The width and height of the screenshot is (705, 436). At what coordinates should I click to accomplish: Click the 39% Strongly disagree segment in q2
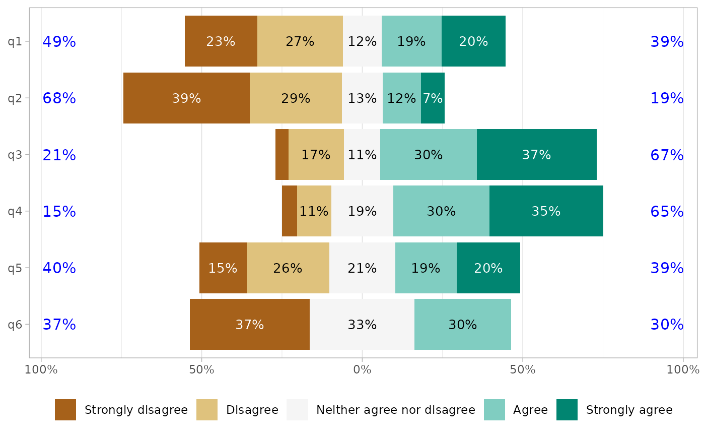coord(186,98)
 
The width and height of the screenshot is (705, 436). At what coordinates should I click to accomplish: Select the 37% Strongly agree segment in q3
coord(536,154)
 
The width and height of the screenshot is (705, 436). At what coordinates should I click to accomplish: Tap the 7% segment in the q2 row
coord(433,98)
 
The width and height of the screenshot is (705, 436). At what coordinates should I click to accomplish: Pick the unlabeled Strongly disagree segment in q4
coord(290,211)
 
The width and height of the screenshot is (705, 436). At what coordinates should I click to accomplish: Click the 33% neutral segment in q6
coord(362,324)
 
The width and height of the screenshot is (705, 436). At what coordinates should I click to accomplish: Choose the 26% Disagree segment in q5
coord(288,268)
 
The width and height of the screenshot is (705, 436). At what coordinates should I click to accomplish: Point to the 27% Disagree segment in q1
coord(300,41)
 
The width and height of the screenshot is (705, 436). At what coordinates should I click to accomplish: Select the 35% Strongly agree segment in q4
coord(546,211)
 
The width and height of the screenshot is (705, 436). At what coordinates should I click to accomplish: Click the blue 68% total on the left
coord(59,98)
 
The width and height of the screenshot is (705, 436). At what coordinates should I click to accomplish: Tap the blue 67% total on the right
coord(667,155)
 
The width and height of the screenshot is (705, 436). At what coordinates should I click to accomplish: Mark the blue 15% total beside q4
coord(59,211)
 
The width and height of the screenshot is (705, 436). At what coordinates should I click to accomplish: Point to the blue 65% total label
coord(667,211)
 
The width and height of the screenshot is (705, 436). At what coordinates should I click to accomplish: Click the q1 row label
coord(15,41)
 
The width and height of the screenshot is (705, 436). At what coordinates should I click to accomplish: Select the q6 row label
coord(15,324)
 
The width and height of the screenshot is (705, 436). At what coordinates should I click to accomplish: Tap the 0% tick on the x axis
coord(362,369)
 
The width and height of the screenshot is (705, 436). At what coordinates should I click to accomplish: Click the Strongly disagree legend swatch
coord(65,410)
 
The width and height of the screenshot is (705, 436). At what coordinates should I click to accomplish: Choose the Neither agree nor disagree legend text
coord(395,410)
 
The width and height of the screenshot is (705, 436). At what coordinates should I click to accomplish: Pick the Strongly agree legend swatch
coord(567,410)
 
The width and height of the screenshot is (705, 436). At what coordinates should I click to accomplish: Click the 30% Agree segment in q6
coord(462,324)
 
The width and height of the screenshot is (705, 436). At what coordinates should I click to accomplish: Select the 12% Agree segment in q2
coord(401,98)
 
